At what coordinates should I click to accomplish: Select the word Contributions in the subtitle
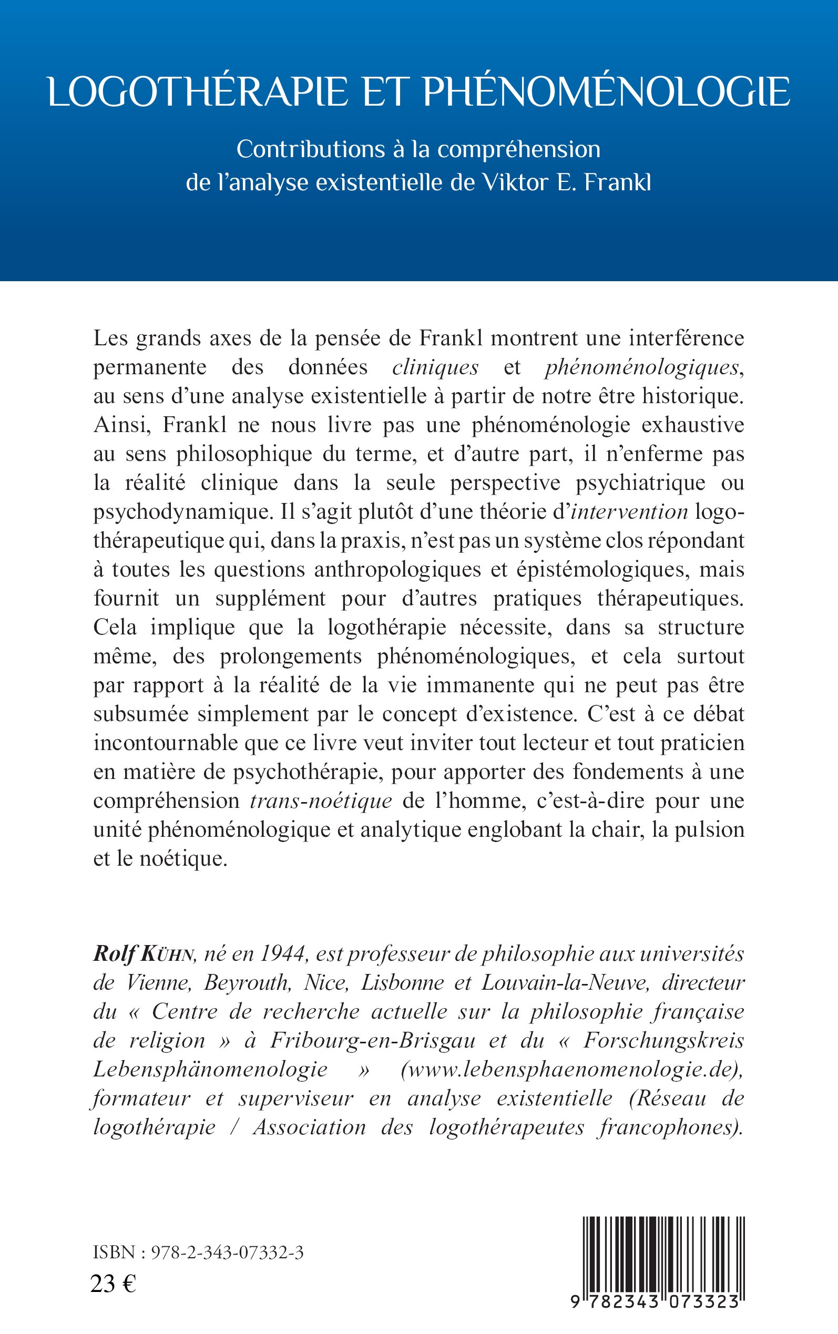tap(311, 150)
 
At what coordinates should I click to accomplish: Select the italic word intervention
tap(630, 512)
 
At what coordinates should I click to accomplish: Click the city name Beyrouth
tap(247, 983)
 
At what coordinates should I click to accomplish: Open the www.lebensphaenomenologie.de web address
tap(571, 1069)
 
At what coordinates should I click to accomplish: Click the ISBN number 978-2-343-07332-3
tap(227, 1253)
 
